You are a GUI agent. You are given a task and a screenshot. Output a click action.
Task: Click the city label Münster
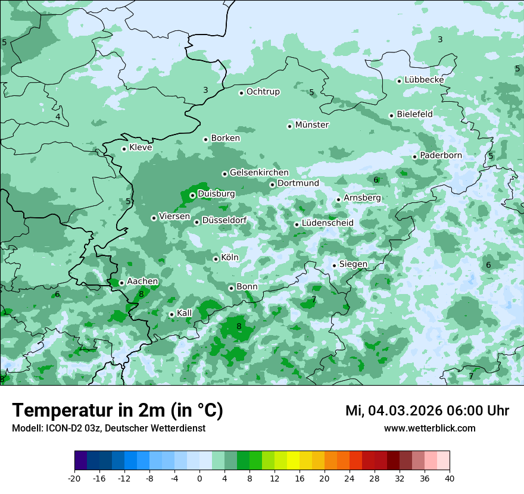tap(311, 125)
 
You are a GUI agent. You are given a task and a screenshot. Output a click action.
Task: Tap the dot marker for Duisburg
tap(192, 195)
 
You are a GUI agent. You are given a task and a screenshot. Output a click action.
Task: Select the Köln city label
tap(229, 258)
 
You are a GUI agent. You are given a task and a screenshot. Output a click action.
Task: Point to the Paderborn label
tap(441, 155)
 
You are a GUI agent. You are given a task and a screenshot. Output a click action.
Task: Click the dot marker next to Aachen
tap(121, 283)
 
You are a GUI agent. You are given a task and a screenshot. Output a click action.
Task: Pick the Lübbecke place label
tap(424, 80)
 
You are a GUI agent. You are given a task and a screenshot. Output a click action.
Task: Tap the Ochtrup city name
tap(263, 92)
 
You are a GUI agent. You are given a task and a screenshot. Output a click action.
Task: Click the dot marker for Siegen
tap(334, 265)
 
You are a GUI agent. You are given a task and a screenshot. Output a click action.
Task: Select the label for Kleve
tap(141, 148)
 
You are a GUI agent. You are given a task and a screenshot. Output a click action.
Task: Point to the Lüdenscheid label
tap(327, 223)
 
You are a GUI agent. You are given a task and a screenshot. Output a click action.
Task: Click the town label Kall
tap(184, 313)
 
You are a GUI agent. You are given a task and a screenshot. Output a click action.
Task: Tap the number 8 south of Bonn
tap(239, 326)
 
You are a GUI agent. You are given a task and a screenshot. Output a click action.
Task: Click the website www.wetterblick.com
tap(429, 428)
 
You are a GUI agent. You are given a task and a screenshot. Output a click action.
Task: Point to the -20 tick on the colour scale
tap(74, 478)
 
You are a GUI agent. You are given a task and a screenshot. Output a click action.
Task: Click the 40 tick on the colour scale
tap(449, 478)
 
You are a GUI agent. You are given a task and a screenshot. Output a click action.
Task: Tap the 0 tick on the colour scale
tap(199, 478)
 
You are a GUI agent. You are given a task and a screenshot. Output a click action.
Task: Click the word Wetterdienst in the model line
tap(179, 428)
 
